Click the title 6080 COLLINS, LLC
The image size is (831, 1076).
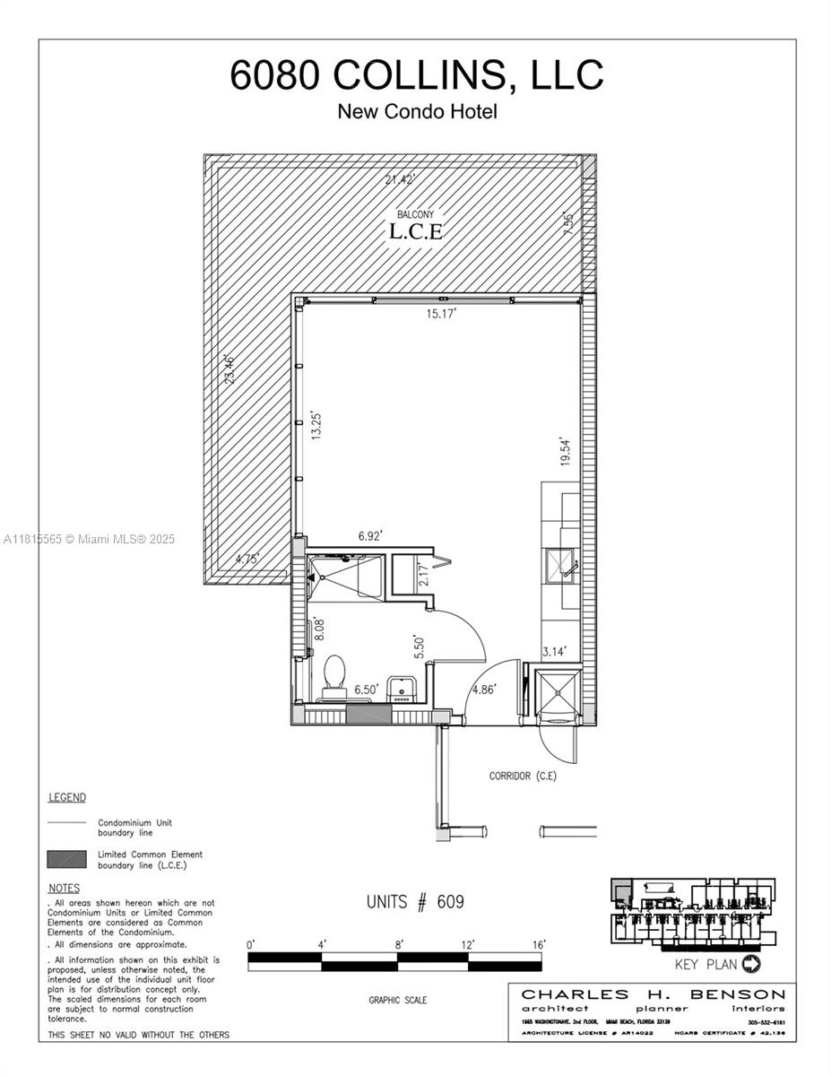pos(416,75)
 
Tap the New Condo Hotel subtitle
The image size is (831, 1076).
pos(417,112)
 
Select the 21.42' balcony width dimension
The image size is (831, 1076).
pos(402,179)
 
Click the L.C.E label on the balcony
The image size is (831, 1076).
pos(416,230)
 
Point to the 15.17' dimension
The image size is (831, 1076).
pos(441,314)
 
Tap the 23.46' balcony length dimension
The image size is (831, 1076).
pos(229,370)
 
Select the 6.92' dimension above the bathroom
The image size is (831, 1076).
pos(370,536)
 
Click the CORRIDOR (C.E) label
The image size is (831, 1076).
pos(523,776)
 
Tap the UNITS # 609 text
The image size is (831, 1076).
pos(415,902)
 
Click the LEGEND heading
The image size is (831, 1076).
pos(66,797)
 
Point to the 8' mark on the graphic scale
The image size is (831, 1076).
pos(399,944)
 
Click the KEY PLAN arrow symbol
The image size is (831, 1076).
pos(751,965)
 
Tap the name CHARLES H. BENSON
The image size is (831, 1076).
pos(654,994)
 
